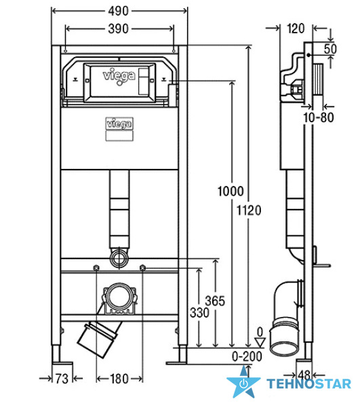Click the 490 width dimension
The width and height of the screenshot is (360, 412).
[119, 11]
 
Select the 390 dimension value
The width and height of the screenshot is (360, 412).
[119, 29]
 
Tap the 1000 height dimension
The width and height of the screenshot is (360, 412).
[231, 191]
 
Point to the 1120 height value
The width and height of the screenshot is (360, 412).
[249, 210]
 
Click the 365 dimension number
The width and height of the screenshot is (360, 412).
[215, 301]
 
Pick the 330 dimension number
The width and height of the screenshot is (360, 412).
[200, 313]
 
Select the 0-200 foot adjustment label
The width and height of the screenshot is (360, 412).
[247, 356]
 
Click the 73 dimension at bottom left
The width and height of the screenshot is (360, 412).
[62, 379]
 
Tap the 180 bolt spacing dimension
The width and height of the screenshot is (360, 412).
[119, 379]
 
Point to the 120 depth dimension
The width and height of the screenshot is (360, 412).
[296, 29]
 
